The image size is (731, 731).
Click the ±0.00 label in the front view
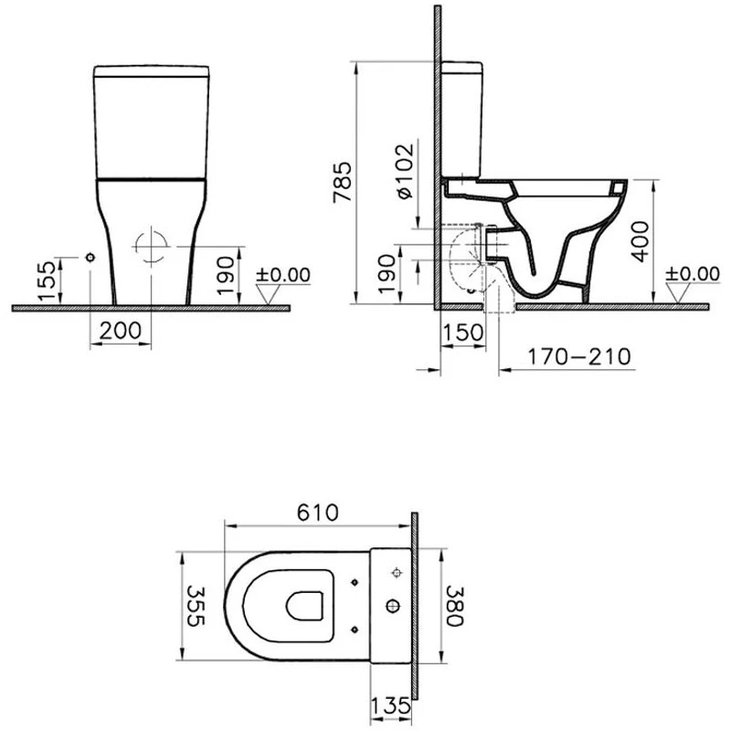pos(283,274)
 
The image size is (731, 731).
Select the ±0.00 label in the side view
pos(692,273)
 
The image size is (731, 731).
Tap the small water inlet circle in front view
pos(90,259)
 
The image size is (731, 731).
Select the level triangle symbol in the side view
pos(678,291)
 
